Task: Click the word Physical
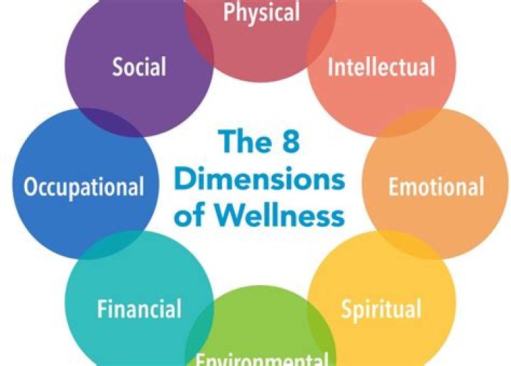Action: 261,12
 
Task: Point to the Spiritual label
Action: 381,309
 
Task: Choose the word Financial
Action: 139,309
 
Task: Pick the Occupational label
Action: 84,187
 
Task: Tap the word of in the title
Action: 192,213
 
